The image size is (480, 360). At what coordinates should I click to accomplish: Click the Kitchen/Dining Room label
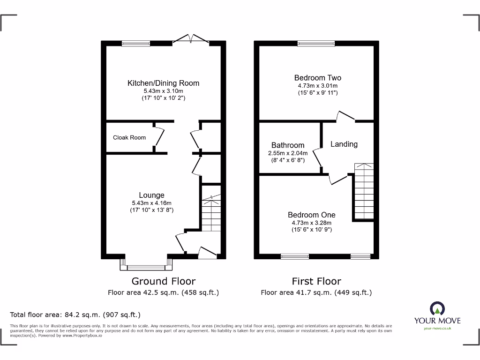(163, 83)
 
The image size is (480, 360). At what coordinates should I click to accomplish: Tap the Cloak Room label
(129, 137)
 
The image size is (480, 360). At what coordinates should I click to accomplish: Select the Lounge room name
(151, 195)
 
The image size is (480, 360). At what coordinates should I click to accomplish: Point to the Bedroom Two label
(317, 78)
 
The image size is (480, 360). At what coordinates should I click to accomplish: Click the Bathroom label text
(288, 145)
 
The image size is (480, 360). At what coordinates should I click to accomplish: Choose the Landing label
(344, 144)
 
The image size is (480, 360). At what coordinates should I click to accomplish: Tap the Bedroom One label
(311, 215)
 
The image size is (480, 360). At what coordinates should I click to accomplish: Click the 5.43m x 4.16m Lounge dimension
(151, 203)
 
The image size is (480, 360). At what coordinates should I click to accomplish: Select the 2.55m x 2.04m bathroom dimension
(288, 153)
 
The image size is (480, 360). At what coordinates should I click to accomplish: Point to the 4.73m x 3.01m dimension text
(317, 86)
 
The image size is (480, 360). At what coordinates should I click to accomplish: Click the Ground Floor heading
(163, 281)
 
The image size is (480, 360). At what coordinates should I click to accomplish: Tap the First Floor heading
(316, 281)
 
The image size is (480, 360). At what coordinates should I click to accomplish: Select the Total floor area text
(75, 315)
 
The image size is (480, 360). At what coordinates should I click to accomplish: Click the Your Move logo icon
(437, 308)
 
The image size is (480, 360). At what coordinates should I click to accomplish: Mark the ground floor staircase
(211, 212)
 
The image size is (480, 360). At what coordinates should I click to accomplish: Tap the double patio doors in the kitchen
(191, 40)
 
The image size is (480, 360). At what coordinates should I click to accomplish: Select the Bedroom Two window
(316, 44)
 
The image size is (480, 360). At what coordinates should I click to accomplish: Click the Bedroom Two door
(346, 116)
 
